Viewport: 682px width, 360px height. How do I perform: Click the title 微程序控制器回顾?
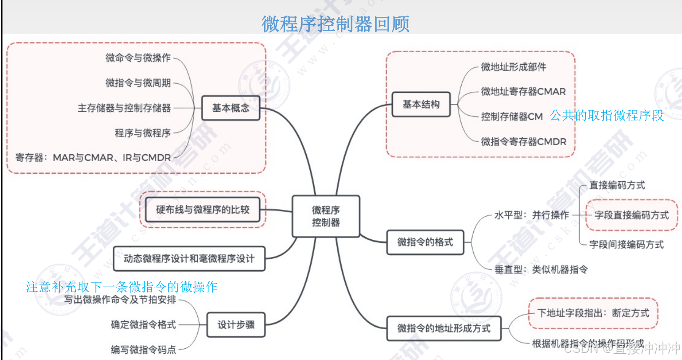tap(335, 24)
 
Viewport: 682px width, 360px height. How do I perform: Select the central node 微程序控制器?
tap(326, 216)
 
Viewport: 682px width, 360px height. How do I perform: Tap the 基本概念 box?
tap(231, 108)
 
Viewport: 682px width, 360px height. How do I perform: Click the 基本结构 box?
tap(421, 104)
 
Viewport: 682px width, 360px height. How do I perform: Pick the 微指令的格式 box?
tap(425, 242)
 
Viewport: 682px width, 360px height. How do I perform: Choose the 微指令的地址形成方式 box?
tap(444, 328)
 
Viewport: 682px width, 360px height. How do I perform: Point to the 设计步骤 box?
tap(236, 325)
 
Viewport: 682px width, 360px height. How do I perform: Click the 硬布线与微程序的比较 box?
tap(203, 209)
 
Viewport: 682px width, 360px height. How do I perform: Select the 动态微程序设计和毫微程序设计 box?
tap(189, 259)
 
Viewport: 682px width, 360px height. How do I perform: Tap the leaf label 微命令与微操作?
tap(138, 58)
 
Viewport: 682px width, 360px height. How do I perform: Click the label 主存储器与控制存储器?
tap(124, 108)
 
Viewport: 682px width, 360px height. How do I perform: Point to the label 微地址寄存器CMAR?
tap(523, 92)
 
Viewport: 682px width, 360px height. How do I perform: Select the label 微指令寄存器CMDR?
tap(523, 142)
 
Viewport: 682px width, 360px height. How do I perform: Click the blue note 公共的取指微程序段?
tap(607, 115)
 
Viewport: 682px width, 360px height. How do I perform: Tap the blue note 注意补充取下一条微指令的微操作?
tap(122, 287)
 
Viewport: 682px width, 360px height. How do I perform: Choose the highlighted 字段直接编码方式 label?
tap(632, 215)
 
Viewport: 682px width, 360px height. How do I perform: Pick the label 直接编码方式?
tap(617, 185)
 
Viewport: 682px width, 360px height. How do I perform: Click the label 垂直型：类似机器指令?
tap(541, 270)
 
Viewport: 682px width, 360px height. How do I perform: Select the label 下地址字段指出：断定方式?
tap(593, 313)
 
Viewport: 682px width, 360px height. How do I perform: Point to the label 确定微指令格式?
tap(143, 325)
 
